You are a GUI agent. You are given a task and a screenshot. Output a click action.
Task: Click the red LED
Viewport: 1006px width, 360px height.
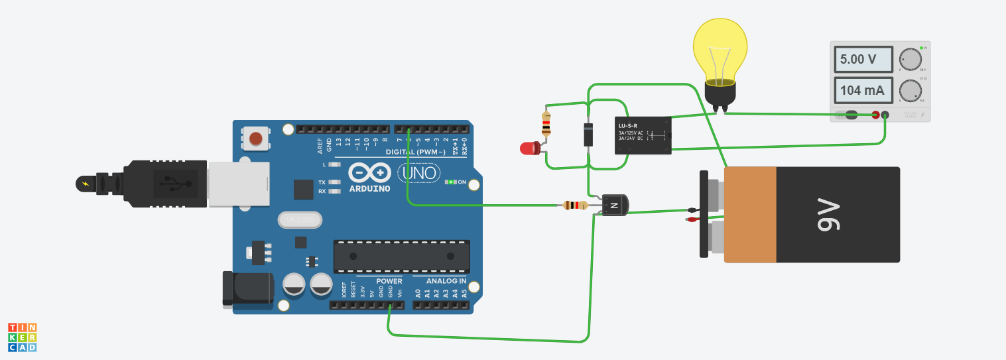[529, 148]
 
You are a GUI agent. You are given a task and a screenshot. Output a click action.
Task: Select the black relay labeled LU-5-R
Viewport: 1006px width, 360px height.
[642, 135]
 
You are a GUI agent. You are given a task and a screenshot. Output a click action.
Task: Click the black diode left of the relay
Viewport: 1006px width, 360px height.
[588, 134]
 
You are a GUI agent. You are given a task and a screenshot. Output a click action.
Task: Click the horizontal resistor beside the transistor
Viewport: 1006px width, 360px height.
[575, 206]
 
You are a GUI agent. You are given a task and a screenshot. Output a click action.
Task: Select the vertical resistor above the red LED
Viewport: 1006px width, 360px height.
[546, 124]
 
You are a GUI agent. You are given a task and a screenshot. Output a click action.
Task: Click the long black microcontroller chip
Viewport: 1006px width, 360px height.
[401, 256]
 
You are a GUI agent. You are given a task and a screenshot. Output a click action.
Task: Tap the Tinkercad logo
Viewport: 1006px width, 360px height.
[23, 337]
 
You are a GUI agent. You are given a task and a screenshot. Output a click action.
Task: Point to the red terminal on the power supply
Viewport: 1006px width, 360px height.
[875, 115]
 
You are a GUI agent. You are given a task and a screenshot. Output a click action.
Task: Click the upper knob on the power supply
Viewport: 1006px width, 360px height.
[911, 59]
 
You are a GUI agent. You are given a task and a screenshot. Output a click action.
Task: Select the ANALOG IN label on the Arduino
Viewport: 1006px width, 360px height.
[446, 281]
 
